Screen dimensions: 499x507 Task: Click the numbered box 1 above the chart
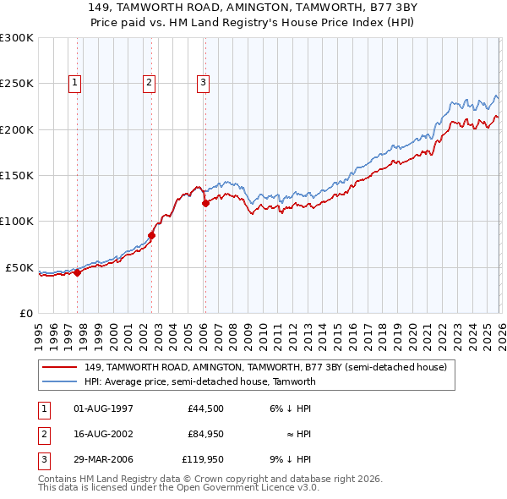coord(75,82)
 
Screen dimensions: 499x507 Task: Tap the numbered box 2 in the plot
coord(149,82)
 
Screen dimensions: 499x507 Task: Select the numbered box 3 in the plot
coord(204,82)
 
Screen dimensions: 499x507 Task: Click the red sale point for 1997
coord(77,272)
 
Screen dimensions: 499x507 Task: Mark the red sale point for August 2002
coord(152,235)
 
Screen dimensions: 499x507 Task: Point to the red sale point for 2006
coord(205,203)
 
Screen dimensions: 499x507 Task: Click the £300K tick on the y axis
coord(17,38)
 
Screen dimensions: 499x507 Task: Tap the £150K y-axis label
coord(17,175)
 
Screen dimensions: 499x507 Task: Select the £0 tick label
coord(25,313)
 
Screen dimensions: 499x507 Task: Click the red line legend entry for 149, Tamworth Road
coord(270,367)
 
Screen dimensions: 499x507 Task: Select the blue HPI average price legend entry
coord(199,381)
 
